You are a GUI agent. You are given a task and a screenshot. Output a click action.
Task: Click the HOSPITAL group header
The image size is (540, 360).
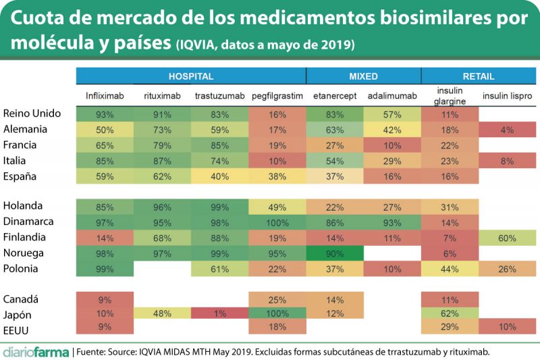(x=191, y=76)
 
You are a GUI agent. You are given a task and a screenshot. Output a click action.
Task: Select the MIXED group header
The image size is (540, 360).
(x=363, y=76)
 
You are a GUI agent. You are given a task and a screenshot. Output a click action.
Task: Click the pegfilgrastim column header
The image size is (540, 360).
(x=277, y=97)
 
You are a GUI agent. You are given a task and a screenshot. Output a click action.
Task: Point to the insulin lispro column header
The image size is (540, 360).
(x=507, y=97)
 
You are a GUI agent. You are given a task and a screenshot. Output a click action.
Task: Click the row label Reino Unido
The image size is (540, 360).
(x=32, y=113)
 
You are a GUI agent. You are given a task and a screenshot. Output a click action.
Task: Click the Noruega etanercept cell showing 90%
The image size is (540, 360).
(x=335, y=253)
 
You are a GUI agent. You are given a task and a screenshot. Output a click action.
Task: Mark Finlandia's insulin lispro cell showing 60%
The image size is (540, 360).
(x=507, y=238)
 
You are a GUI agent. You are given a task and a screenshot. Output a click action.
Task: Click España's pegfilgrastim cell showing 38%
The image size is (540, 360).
(x=277, y=176)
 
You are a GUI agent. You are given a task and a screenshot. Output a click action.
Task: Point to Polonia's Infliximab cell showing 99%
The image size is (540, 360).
(x=105, y=269)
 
